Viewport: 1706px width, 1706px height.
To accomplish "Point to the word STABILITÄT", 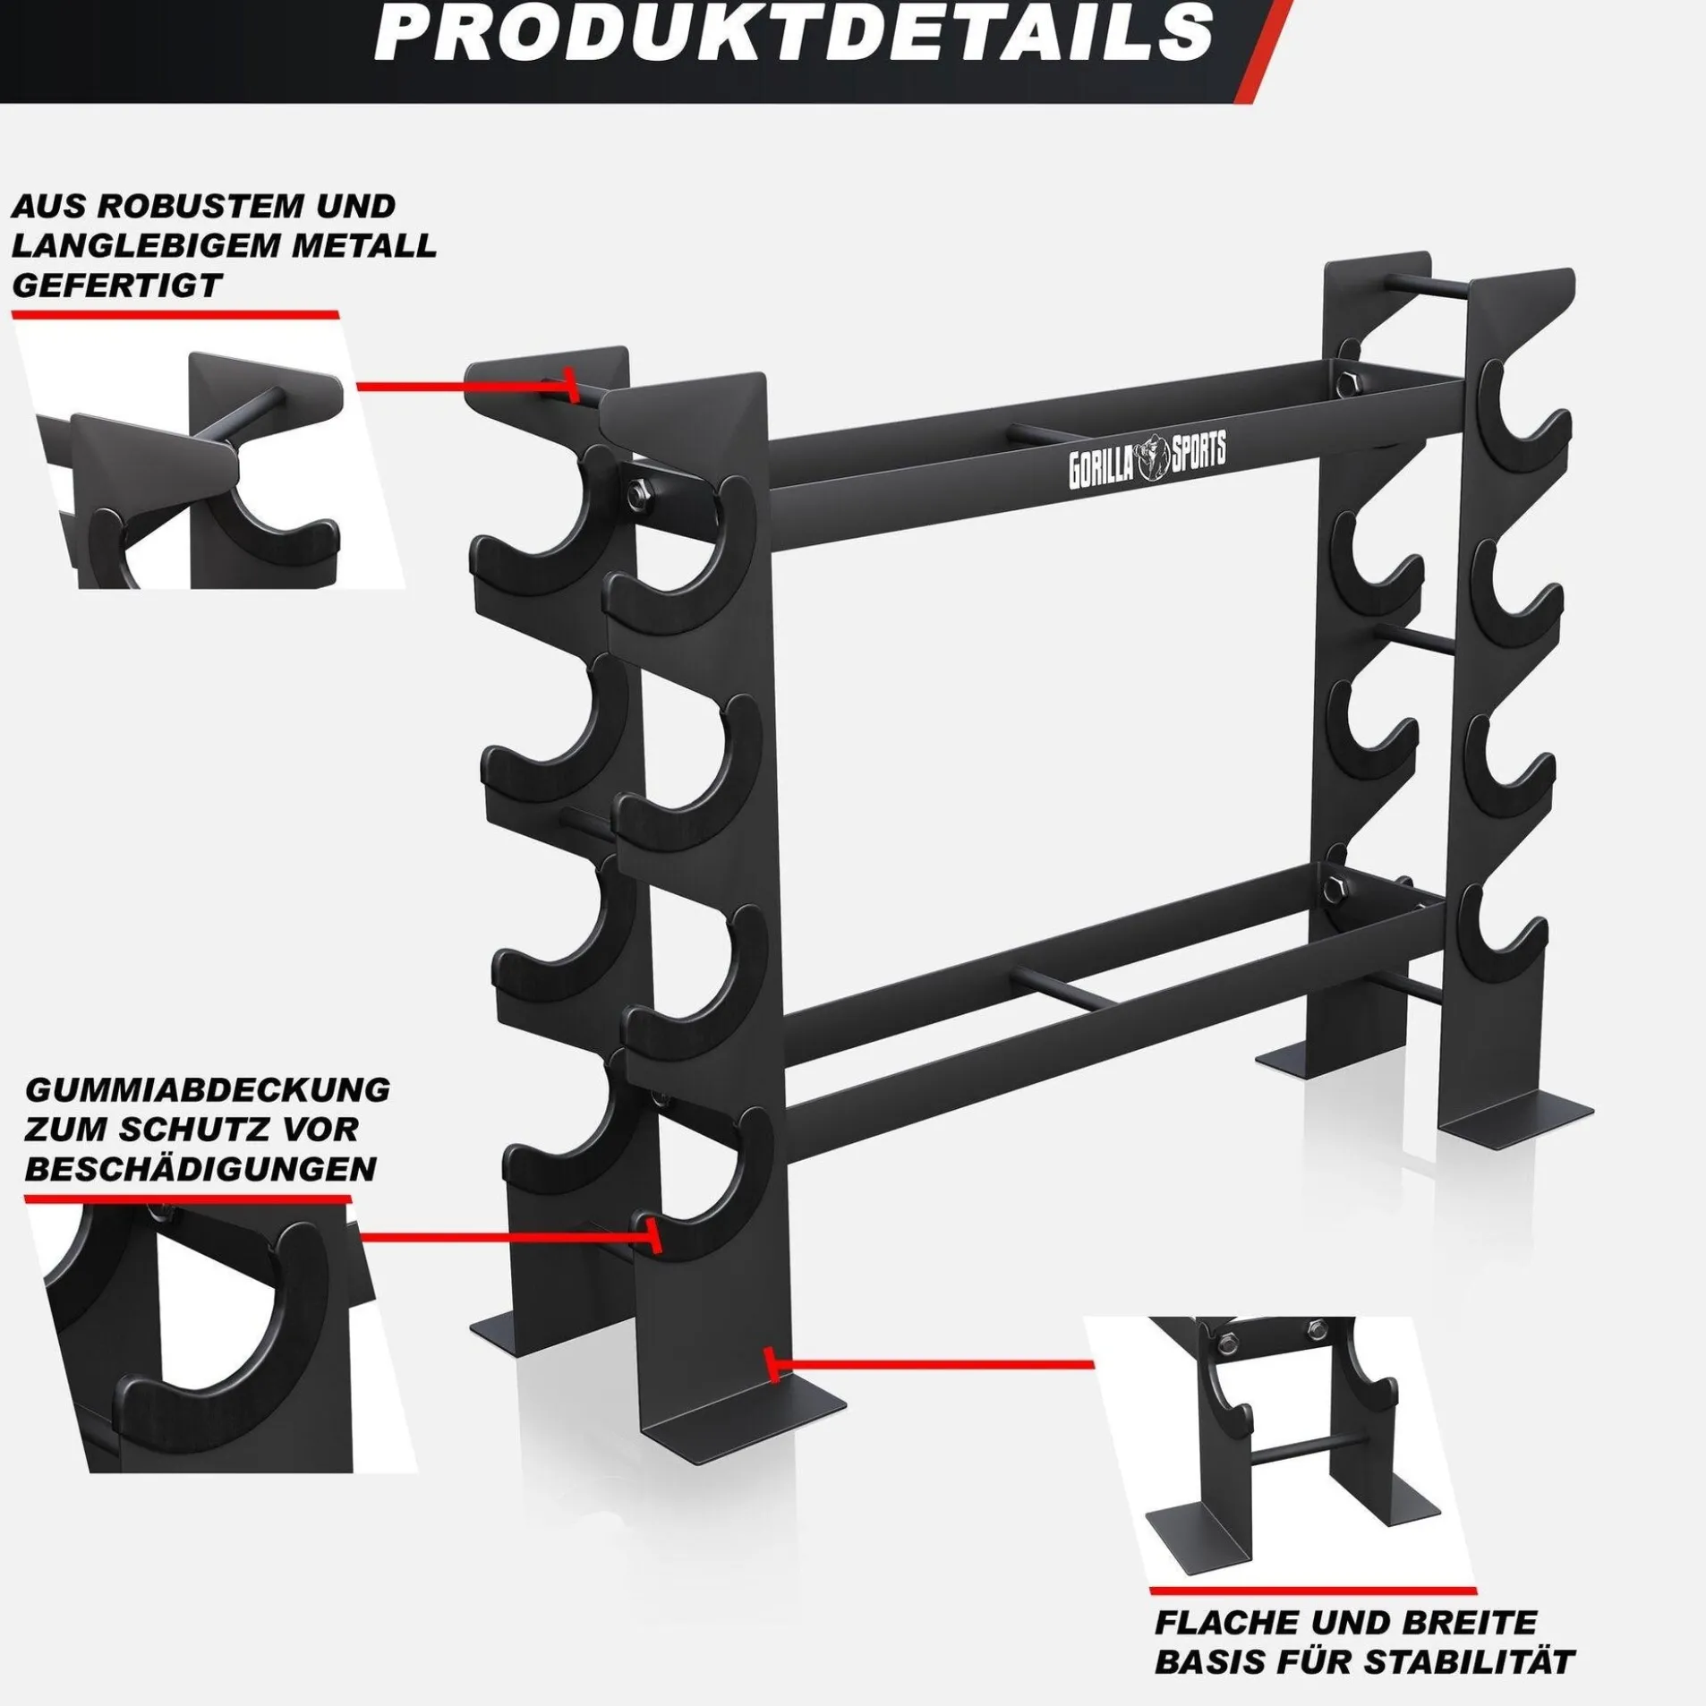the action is click(x=1471, y=1637).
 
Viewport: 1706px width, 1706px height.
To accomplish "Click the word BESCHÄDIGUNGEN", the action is click(x=201, y=1168).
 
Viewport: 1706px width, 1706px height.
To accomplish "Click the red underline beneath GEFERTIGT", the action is click(x=175, y=315).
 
